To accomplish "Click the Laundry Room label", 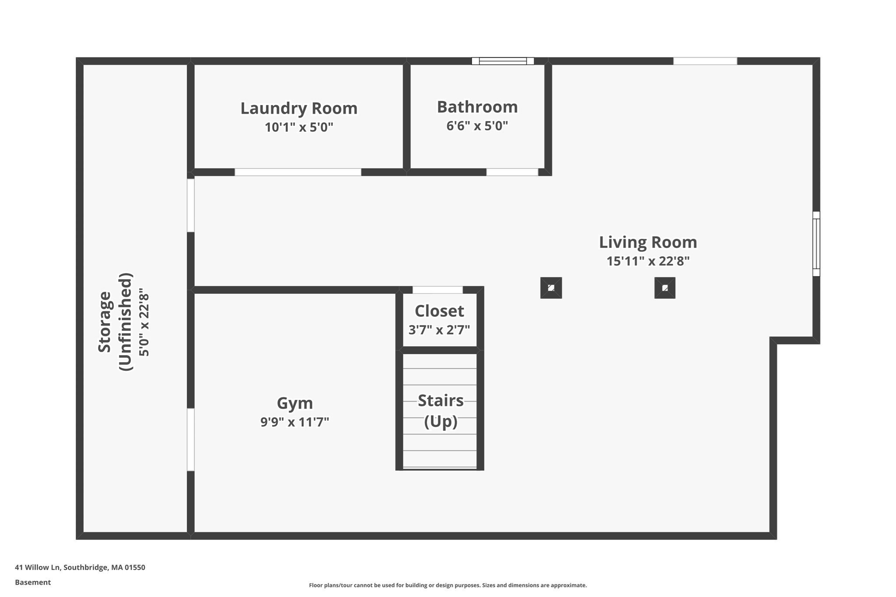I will [299, 108].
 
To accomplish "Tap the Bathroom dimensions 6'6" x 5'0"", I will [477, 126].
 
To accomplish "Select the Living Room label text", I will [647, 242].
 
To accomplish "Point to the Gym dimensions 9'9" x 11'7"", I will [294, 422].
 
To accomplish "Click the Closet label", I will [439, 311].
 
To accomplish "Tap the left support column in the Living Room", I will [551, 288].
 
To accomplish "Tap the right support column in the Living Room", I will [665, 288].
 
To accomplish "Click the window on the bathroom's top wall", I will [502, 61].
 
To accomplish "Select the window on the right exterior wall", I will [816, 244].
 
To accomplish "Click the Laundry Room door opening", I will [298, 172].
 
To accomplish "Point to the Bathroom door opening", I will [512, 172].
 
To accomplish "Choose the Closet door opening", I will [437, 290].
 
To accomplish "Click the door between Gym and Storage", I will [191, 440].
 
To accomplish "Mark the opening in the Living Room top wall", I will [705, 61].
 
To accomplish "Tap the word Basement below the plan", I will [33, 582].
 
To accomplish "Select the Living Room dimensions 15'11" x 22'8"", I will [647, 261].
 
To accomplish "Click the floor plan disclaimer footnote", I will [448, 585].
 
